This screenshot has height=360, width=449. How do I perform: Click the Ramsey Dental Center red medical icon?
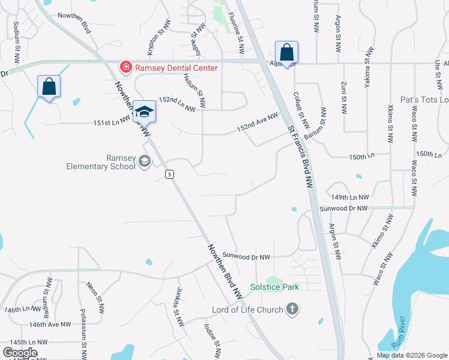click(x=126, y=67)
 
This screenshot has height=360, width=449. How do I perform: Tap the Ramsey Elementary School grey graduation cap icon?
click(x=144, y=161)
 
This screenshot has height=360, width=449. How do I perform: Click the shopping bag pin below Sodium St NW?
click(x=49, y=86)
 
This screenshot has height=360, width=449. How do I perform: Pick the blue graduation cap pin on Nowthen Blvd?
click(x=144, y=111)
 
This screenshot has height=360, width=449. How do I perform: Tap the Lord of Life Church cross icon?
click(x=292, y=310)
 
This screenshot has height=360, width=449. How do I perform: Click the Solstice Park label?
click(x=274, y=287)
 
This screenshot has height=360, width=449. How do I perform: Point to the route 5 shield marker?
click(x=170, y=174)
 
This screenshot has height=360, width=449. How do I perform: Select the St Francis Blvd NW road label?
click(x=300, y=154)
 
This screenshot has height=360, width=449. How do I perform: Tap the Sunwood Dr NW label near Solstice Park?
click(x=246, y=256)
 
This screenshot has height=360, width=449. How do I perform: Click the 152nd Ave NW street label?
click(x=258, y=122)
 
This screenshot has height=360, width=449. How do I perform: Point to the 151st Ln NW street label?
click(x=112, y=122)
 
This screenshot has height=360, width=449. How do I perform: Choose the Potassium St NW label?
click(x=83, y=332)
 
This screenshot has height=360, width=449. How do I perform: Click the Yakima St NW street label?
click(x=367, y=68)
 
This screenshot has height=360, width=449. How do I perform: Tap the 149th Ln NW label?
click(x=350, y=197)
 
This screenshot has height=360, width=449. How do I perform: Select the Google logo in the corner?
click(x=20, y=353)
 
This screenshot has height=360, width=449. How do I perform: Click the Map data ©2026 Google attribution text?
click(x=412, y=355)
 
